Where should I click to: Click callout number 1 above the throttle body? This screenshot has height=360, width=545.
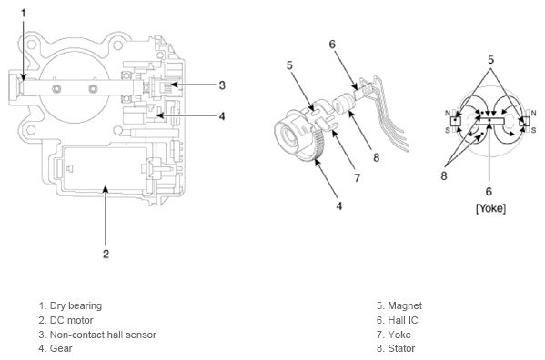(x=24, y=14)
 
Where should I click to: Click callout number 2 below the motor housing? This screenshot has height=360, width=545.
(x=106, y=254)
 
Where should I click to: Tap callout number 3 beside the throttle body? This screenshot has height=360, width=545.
(x=222, y=85)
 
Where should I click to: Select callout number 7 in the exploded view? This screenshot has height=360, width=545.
(x=357, y=178)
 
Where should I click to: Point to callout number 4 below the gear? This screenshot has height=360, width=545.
(x=339, y=206)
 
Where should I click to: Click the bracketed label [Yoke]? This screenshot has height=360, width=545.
(x=490, y=208)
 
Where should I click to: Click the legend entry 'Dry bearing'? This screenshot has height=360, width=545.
(x=76, y=305)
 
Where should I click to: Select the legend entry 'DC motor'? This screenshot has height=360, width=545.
(x=72, y=320)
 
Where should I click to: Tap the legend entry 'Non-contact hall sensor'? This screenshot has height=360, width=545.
(x=103, y=335)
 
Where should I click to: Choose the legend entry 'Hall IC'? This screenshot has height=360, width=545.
(x=403, y=320)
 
